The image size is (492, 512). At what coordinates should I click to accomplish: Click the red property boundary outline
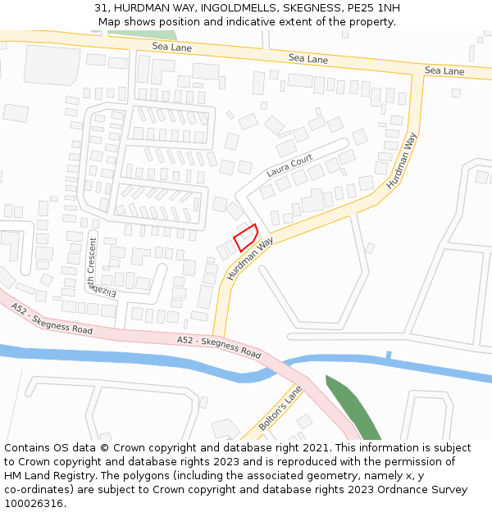tap(246, 238)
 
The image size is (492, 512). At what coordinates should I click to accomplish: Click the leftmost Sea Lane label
tap(171, 47)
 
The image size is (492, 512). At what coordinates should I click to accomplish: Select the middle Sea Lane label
tap(308, 59)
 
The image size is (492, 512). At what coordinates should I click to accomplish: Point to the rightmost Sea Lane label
tap(444, 71)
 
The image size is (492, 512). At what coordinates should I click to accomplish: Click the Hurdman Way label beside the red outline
tap(250, 260)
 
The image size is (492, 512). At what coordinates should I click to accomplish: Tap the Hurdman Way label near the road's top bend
tap(402, 161)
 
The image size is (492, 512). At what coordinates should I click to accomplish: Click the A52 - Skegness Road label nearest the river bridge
tap(219, 347)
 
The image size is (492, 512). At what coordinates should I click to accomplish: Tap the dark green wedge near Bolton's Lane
tap(353, 408)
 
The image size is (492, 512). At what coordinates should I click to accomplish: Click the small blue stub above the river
tap(389, 356)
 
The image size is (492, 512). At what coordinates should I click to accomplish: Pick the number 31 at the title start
tap(101, 8)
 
